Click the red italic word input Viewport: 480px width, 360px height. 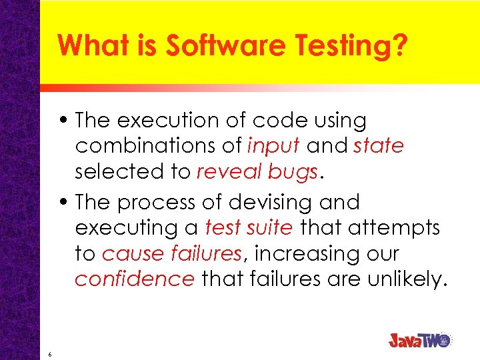pos(274,146)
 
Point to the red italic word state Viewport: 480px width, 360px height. pos(379,146)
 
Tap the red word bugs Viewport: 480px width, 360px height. pos(292,173)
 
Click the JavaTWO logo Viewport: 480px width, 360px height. pos(421,339)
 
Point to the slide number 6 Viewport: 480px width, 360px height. pos(50,354)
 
